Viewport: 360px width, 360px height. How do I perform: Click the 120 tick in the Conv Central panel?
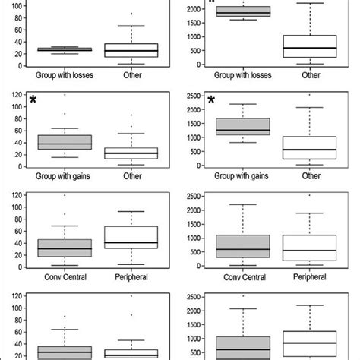(12, 197)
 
